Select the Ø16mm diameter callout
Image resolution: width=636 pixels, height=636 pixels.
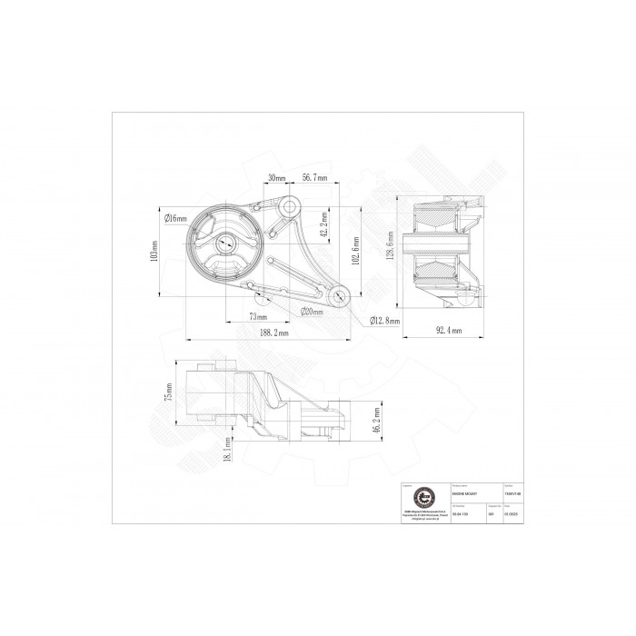[175, 218]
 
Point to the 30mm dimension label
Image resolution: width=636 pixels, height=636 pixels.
[277, 178]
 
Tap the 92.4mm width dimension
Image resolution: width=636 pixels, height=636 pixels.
[445, 331]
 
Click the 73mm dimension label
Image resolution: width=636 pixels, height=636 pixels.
[258, 317]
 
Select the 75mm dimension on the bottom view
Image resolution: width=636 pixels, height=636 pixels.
[167, 397]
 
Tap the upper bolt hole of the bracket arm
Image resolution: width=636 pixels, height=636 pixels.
[290, 208]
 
